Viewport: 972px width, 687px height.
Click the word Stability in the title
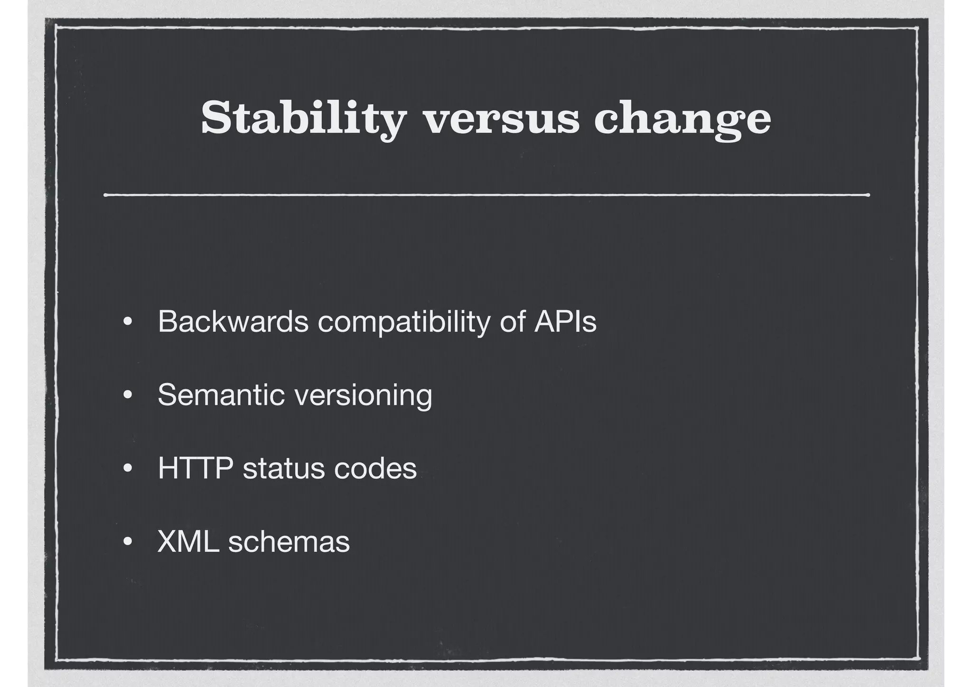point(304,119)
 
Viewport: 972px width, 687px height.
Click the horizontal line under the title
point(486,195)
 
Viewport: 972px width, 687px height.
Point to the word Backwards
point(233,321)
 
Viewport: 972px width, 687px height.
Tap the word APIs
point(565,321)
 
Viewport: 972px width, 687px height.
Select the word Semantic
point(221,395)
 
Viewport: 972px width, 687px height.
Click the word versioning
point(364,395)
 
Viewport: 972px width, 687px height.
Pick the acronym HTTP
point(195,468)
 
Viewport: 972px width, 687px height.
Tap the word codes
point(375,468)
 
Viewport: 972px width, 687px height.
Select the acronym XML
point(188,541)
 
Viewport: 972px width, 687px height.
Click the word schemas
point(289,541)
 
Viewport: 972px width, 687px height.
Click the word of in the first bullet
point(512,321)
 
